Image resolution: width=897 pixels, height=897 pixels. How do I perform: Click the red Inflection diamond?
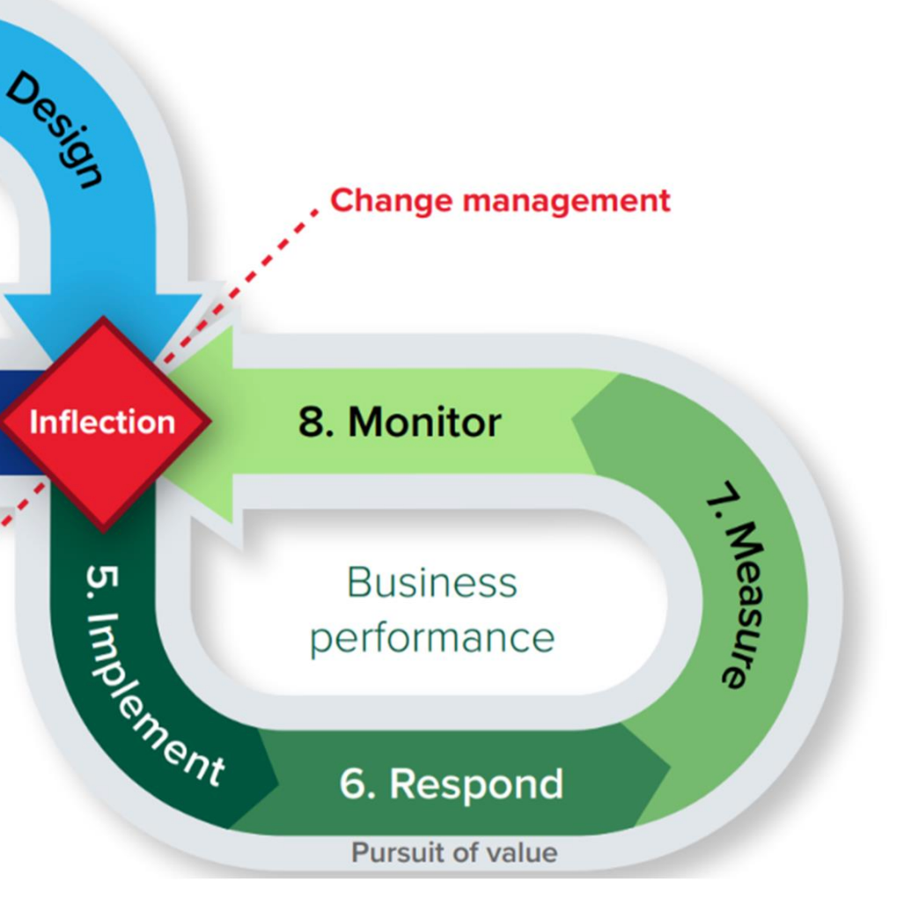103,423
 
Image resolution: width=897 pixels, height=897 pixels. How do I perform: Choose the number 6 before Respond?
356,783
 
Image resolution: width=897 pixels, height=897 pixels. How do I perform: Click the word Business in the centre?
431,583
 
